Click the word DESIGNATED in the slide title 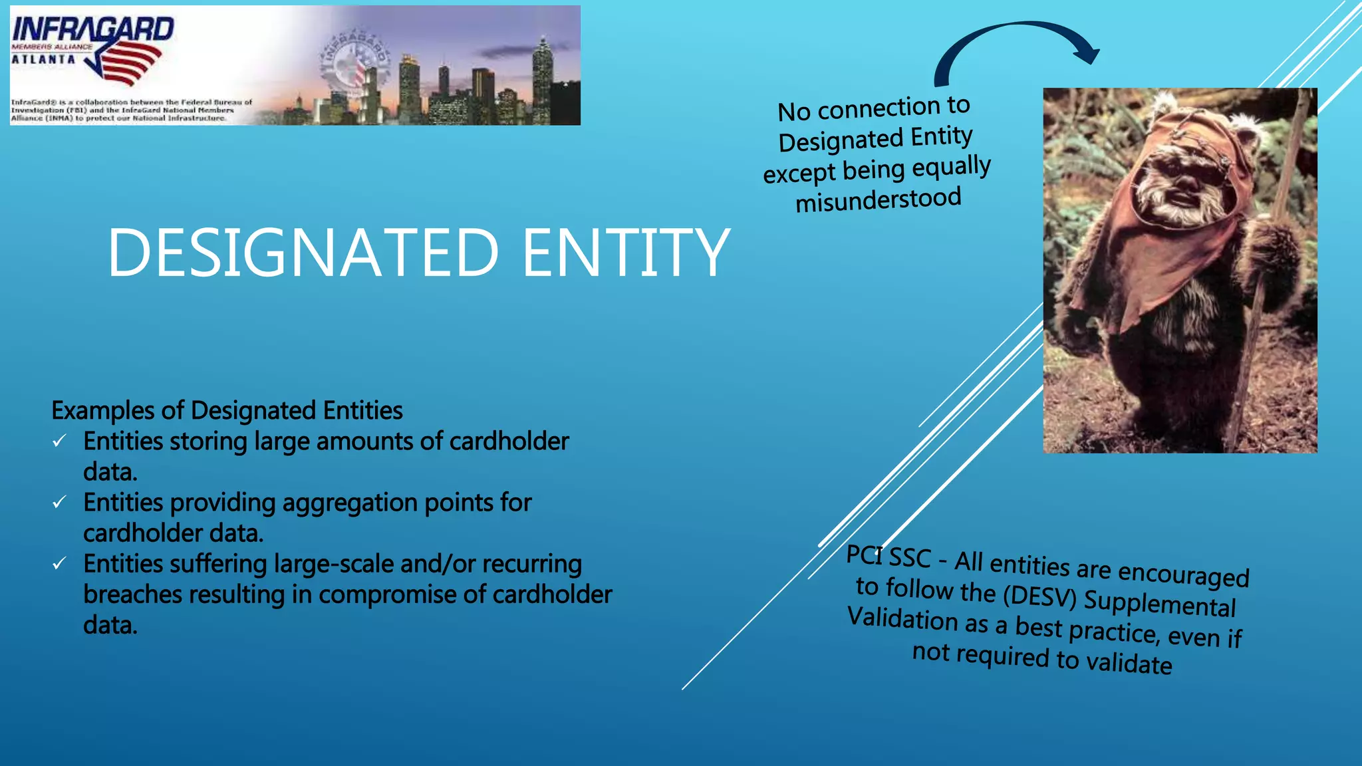303,253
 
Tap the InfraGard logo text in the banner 92,29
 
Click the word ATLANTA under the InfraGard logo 43,60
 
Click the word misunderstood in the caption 878,199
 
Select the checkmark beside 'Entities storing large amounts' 59,441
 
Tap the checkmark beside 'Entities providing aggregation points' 59,502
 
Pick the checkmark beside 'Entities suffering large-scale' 59,564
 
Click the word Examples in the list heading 103,411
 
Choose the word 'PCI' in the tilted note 865,554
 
